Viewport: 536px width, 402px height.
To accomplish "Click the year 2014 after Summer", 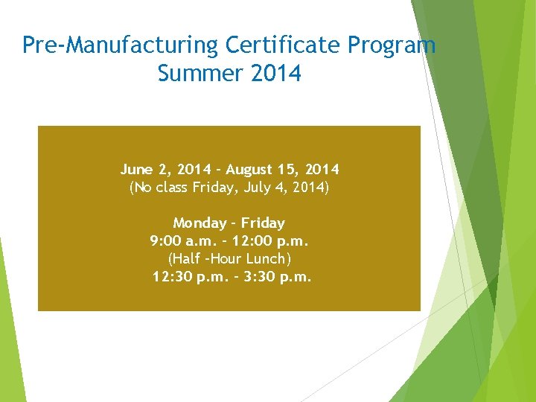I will [x=276, y=74].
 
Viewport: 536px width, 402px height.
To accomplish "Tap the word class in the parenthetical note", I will [x=171, y=188].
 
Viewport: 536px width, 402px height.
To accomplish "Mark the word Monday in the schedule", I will [x=198, y=223].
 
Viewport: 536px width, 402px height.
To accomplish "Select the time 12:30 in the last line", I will [x=173, y=277].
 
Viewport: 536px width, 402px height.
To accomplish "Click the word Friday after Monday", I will [x=263, y=223].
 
